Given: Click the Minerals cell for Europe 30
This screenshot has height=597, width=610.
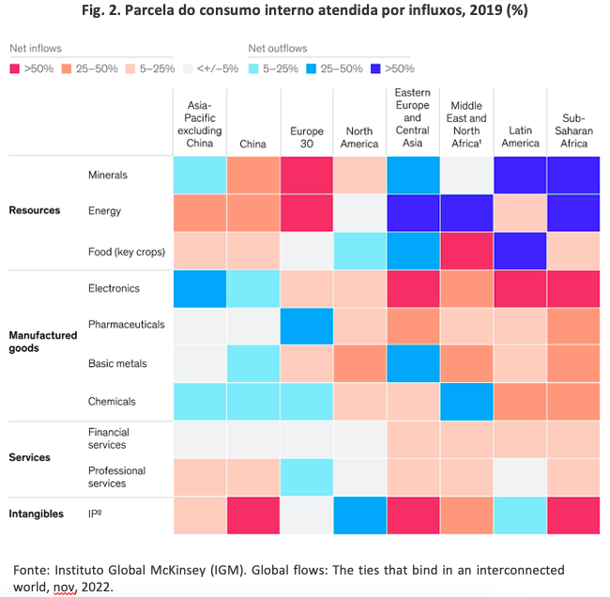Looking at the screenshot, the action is [x=307, y=176].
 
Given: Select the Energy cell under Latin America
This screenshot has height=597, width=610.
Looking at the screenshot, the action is [x=520, y=213].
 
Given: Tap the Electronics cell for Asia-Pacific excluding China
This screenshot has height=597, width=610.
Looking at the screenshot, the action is [x=200, y=289].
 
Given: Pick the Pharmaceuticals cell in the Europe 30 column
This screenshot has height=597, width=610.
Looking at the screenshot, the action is [x=307, y=326].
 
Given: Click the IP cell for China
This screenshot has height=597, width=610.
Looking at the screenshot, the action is [x=253, y=515].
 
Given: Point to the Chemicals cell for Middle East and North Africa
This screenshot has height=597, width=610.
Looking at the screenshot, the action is [x=466, y=402].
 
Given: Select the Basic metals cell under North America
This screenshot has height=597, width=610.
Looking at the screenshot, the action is [x=359, y=363].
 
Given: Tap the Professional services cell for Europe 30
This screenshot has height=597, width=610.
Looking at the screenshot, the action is [x=307, y=477].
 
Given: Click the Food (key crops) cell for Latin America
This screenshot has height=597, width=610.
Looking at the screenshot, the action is [x=520, y=251].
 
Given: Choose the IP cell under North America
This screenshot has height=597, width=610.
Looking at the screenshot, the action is [x=359, y=515].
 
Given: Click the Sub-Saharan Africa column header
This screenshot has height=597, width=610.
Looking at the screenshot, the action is [x=573, y=130].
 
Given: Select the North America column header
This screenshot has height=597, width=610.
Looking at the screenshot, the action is [x=359, y=137].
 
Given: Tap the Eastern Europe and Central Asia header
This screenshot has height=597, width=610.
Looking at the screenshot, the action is [x=412, y=117].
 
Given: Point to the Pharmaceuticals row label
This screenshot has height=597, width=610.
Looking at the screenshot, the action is [x=127, y=324].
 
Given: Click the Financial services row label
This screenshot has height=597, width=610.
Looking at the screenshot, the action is [x=109, y=438].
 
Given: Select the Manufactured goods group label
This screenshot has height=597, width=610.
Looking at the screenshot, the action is [x=43, y=342].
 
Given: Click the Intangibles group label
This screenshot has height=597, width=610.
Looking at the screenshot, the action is [x=37, y=513].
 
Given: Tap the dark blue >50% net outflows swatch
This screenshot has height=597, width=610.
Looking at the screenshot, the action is [x=375, y=69].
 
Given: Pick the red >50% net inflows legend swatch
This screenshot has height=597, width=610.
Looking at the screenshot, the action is [x=14, y=69].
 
